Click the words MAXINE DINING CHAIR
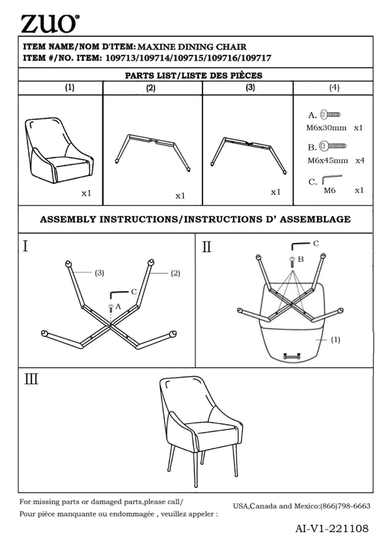[192, 47]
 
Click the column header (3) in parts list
[251, 87]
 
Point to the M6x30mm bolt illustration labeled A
[330, 114]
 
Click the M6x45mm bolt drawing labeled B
[333, 145]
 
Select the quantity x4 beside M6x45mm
[360, 160]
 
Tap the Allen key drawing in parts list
[332, 179]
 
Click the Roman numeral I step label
[25, 246]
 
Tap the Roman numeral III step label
[31, 379]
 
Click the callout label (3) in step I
[100, 273]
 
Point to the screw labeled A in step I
[111, 308]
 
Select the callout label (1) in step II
[335, 340]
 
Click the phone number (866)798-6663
[345, 506]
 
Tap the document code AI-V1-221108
[332, 529]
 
